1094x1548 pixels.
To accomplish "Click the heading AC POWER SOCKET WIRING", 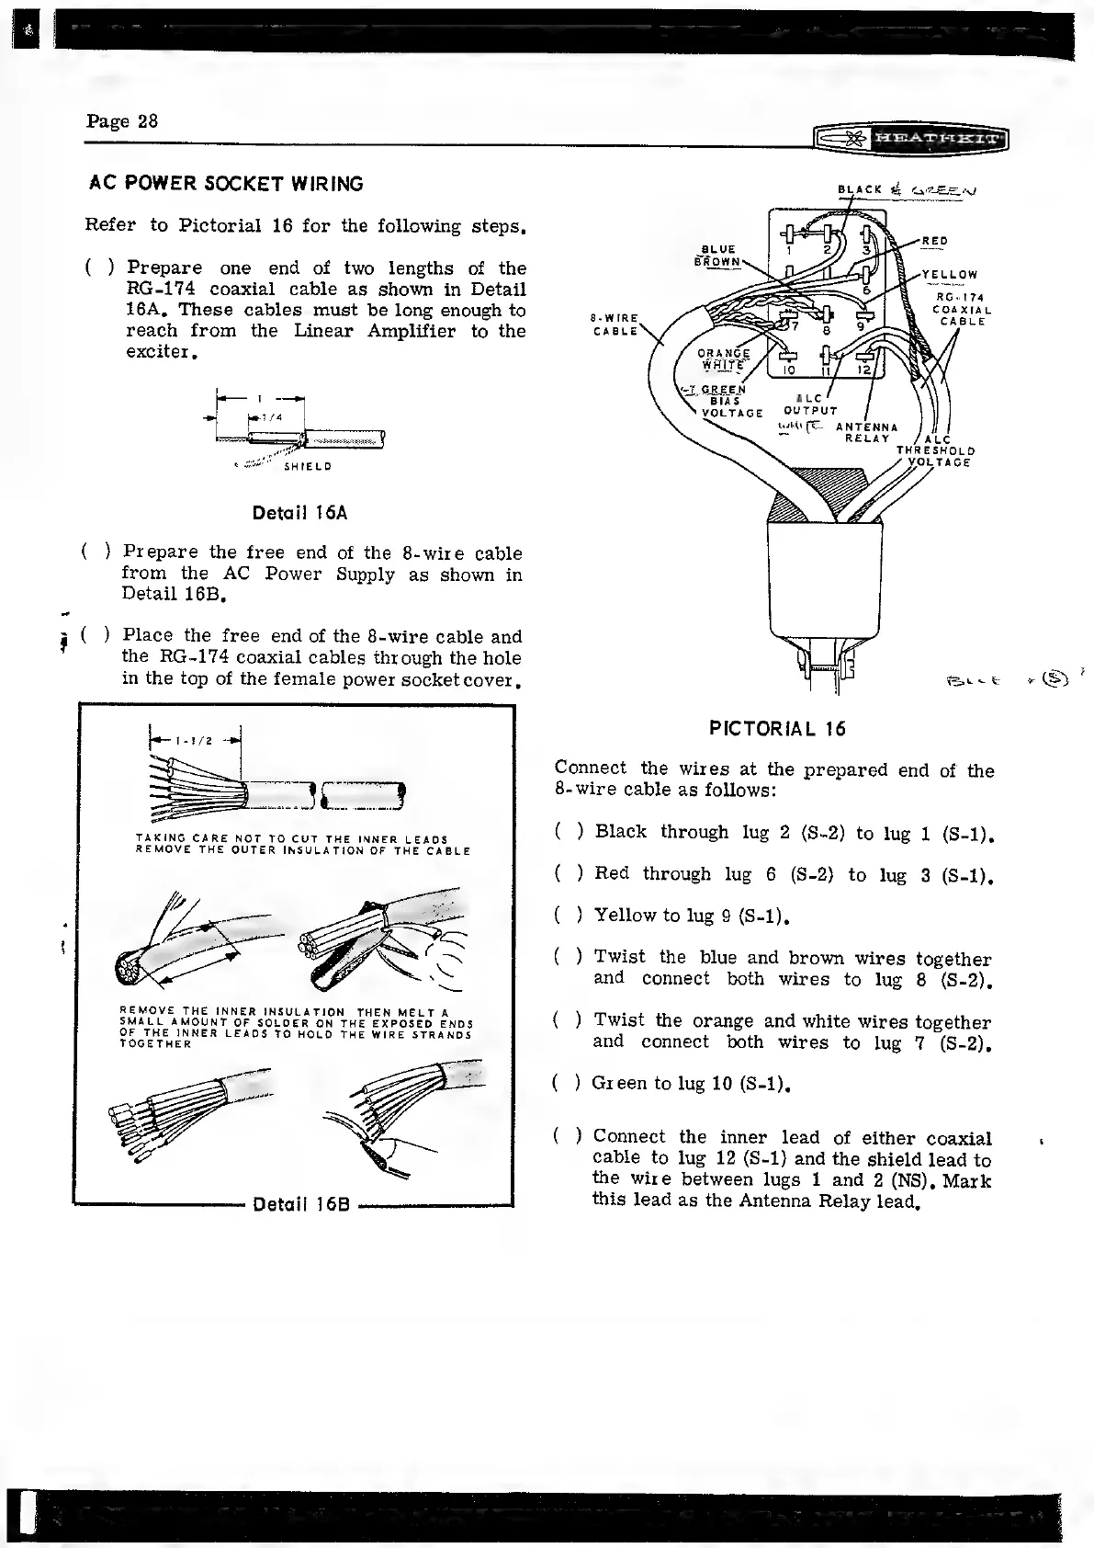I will pyautogui.click(x=226, y=184).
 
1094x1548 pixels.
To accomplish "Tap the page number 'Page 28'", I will pyautogui.click(x=122, y=121).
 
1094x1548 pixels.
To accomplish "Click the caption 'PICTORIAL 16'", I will pyautogui.click(x=777, y=729).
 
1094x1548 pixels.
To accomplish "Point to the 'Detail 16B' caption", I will pyautogui.click(x=299, y=1205).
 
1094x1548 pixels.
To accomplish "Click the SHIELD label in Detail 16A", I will pyautogui.click(x=307, y=466).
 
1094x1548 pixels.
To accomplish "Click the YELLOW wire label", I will pyautogui.click(x=950, y=274).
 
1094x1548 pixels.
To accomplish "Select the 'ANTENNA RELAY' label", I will pyautogui.click(x=866, y=432).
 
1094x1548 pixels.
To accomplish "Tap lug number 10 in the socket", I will pyautogui.click(x=788, y=370).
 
